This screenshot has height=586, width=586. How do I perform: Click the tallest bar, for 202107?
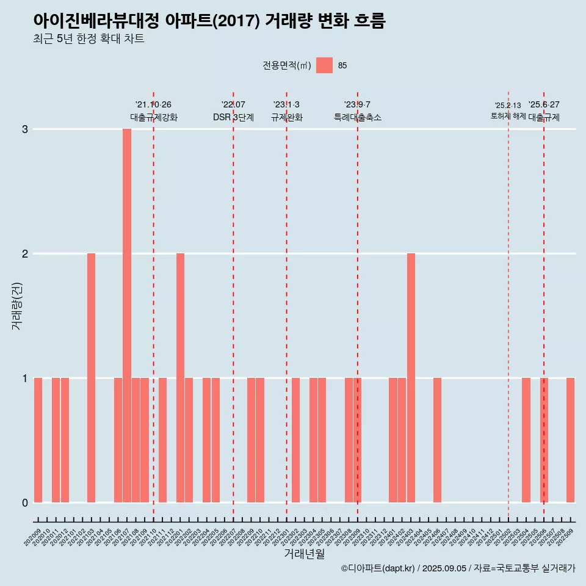pyautogui.click(x=127, y=316)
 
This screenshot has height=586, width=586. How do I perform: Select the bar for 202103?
pyautogui.click(x=91, y=378)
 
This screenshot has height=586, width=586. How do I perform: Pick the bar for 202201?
pyautogui.click(x=180, y=378)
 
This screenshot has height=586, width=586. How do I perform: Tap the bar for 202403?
pyautogui.click(x=411, y=378)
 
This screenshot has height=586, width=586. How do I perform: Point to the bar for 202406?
pyautogui.click(x=437, y=440)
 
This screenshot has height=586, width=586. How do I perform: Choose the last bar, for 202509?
pyautogui.click(x=570, y=440)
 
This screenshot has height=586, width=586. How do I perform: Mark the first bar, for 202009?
pyautogui.click(x=38, y=440)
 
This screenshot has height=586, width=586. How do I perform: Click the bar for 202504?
pyautogui.click(x=526, y=440)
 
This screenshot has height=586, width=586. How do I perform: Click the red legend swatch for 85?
pyautogui.click(x=324, y=65)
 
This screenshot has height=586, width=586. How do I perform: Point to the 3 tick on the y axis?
pyautogui.click(x=25, y=129)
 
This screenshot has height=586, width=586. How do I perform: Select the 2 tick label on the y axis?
pyautogui.click(x=25, y=253)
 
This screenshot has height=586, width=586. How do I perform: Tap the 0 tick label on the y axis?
pyautogui.click(x=25, y=502)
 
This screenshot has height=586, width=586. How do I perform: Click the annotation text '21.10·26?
pyautogui.click(x=153, y=104)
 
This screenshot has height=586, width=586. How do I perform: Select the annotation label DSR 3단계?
pyautogui.click(x=233, y=117)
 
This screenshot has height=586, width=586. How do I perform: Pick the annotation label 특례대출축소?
pyautogui.click(x=357, y=117)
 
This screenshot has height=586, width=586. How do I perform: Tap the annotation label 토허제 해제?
pyautogui.click(x=508, y=115)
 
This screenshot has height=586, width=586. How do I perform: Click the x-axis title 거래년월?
pyautogui.click(x=304, y=554)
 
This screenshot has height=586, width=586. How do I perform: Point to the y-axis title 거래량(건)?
pyautogui.click(x=16, y=305)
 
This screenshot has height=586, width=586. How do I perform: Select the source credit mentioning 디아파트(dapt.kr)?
pyautogui.click(x=458, y=568)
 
